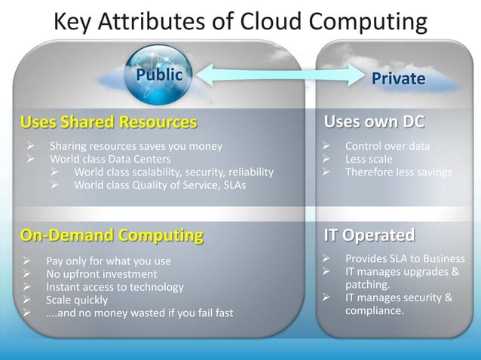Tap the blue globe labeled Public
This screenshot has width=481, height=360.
click(158, 75)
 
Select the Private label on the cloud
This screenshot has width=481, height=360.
click(398, 78)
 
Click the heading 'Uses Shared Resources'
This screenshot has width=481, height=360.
click(109, 122)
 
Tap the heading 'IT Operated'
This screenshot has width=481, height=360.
click(369, 235)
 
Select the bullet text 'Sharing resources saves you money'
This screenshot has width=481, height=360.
click(136, 146)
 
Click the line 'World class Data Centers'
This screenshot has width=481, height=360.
click(110, 159)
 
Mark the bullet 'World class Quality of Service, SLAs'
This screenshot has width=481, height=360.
click(160, 185)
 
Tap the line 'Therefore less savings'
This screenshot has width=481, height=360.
click(398, 172)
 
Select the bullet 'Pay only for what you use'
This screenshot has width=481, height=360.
click(109, 261)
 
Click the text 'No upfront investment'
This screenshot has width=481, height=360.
click(102, 274)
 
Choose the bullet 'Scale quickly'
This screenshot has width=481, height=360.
click(77, 300)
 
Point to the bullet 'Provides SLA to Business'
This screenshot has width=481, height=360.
click(405, 258)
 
